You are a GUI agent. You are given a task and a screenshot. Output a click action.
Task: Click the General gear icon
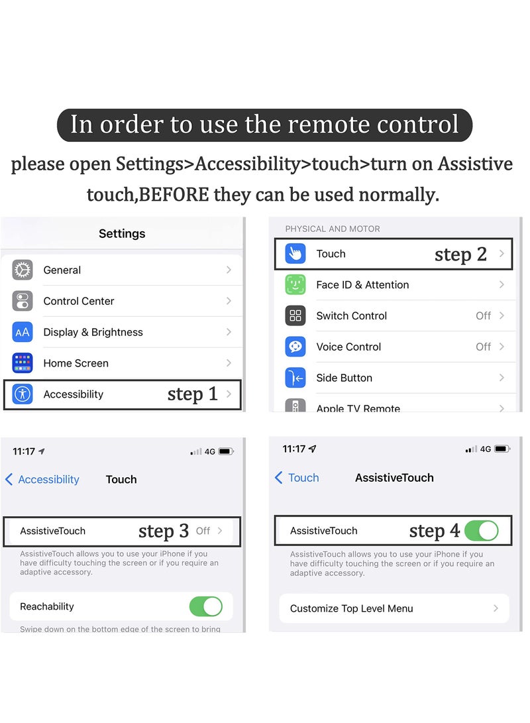(x=23, y=270)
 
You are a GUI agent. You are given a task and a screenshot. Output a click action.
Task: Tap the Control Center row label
(x=79, y=301)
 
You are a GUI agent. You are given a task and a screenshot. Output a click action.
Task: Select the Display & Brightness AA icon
(x=23, y=332)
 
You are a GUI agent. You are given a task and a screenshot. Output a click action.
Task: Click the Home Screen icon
(x=23, y=363)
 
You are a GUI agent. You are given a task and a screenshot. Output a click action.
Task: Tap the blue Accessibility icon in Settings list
(x=23, y=394)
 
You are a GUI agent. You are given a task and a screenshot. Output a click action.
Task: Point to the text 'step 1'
(x=192, y=394)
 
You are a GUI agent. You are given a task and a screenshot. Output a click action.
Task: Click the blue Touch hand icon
(x=295, y=254)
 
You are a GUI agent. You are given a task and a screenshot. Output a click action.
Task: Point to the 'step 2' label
(x=460, y=254)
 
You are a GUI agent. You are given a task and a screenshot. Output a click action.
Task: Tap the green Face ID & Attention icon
(x=295, y=285)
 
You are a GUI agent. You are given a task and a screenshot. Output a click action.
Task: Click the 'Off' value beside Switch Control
(x=483, y=316)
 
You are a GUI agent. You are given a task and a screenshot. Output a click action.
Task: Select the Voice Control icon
(x=295, y=347)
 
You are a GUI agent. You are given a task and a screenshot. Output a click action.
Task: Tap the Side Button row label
(x=344, y=378)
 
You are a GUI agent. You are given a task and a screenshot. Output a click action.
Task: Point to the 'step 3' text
(x=163, y=531)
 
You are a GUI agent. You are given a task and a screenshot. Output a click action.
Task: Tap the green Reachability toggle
(x=205, y=606)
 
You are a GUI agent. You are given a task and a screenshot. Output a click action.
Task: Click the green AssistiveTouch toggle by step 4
(x=481, y=531)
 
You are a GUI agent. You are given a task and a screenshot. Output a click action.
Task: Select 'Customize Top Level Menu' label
(x=351, y=608)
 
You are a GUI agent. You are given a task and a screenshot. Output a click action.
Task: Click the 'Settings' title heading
(x=122, y=233)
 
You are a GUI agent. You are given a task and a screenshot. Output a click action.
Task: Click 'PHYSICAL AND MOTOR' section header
(x=333, y=229)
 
